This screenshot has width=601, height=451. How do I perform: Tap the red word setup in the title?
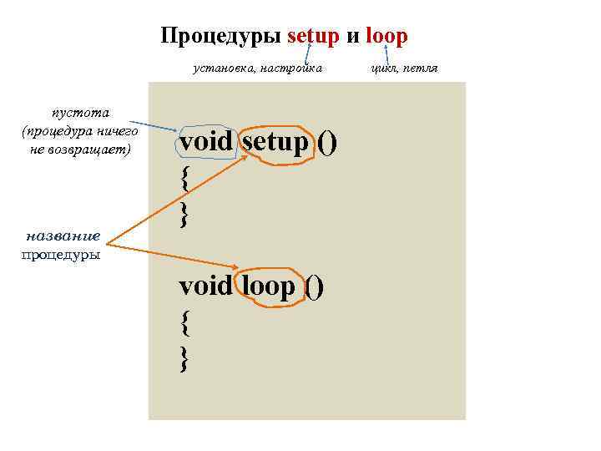click(314, 38)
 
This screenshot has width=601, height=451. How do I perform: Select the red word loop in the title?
click(386, 38)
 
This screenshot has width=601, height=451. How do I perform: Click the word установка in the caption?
click(220, 68)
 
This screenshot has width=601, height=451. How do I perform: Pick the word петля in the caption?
click(420, 68)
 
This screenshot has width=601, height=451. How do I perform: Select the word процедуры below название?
click(60, 254)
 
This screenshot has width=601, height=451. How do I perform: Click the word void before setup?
click(205, 143)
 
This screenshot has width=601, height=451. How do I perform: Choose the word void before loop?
click(205, 286)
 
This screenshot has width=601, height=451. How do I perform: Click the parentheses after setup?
click(327, 144)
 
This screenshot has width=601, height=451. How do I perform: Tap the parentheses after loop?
click(313, 287)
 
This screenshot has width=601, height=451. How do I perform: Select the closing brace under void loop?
click(184, 359)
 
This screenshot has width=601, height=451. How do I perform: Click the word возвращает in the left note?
click(91, 149)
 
